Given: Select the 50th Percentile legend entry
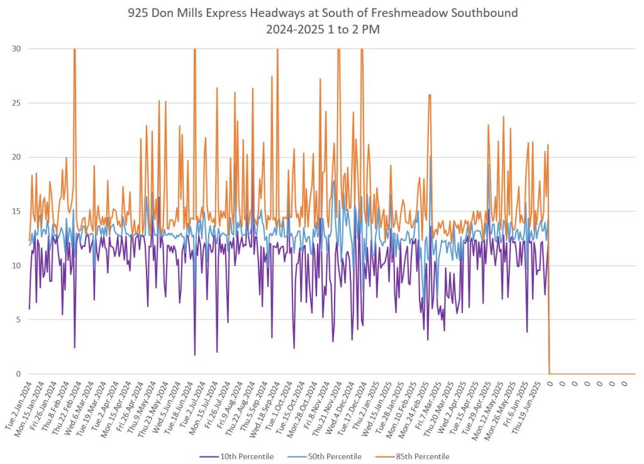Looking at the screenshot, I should click(336, 456).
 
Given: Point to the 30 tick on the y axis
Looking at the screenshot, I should click(15, 48).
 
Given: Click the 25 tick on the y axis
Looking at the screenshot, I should click(15, 103).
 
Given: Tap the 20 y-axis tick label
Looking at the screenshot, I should click(15, 157).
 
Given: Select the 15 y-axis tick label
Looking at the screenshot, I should click(15, 211).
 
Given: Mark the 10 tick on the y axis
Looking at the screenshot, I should click(15, 265).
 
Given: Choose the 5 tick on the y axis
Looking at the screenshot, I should click(17, 319).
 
